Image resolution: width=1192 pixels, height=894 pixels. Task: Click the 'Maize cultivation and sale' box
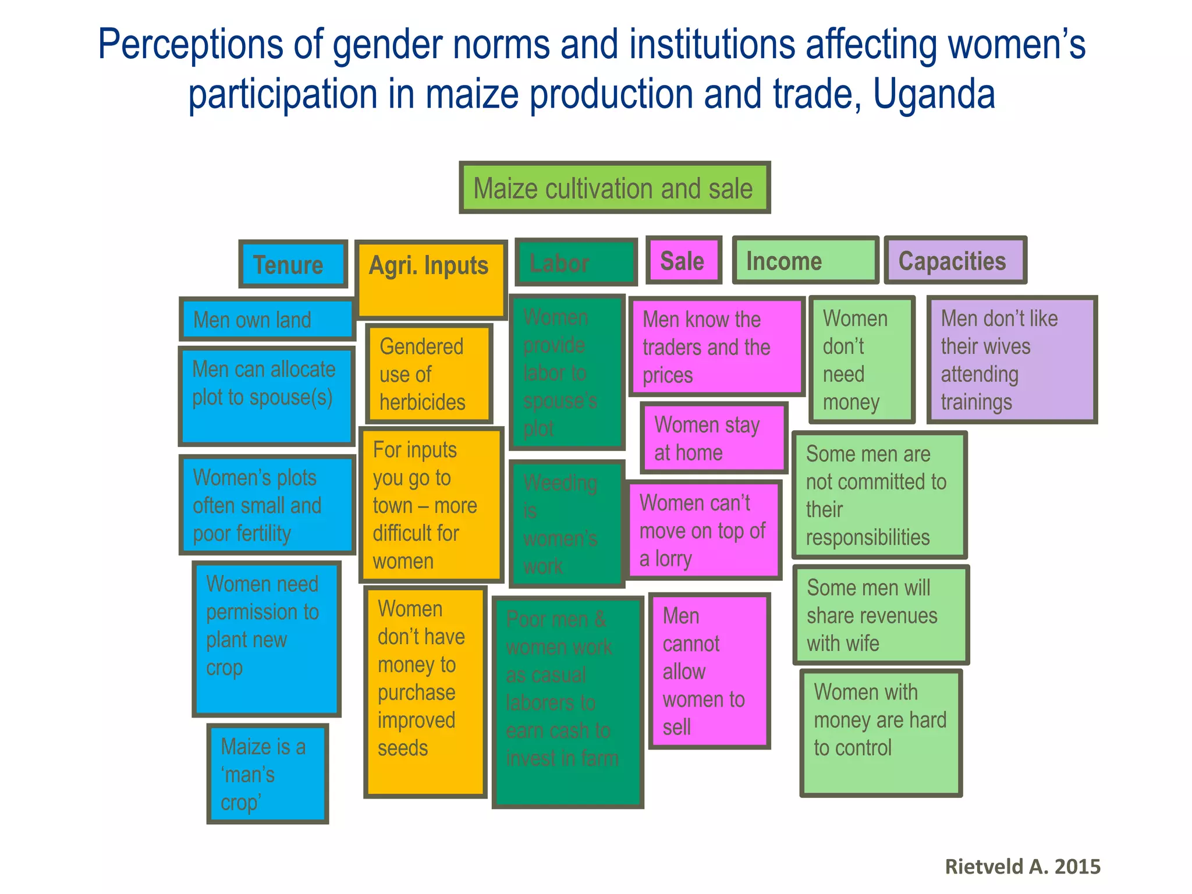[614, 187]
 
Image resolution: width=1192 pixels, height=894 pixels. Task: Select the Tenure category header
[293, 264]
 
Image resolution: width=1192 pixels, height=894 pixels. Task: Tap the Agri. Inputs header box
[430, 279]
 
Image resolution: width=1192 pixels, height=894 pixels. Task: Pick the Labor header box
[575, 262]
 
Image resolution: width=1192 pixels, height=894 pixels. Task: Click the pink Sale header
[683, 260]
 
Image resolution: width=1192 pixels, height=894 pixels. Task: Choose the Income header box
[804, 260]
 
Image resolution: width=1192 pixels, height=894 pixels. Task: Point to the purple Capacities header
[955, 260]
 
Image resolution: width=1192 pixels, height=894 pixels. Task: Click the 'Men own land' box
[267, 319]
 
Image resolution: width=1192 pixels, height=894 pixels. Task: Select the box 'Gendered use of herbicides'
[429, 374]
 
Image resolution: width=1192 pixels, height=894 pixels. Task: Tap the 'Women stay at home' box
[714, 438]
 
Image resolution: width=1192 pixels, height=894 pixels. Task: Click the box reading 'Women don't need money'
[861, 359]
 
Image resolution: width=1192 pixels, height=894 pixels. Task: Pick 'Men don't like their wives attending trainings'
[1012, 359]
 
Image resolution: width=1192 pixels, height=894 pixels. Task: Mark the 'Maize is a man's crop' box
[267, 774]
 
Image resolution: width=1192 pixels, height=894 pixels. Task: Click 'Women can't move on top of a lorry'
[704, 530]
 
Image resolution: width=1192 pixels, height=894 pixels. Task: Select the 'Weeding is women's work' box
[566, 524]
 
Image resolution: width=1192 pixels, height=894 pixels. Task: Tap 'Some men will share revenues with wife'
[880, 615]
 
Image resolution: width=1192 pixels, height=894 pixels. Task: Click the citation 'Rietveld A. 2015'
[1022, 866]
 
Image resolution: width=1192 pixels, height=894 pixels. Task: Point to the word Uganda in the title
[934, 94]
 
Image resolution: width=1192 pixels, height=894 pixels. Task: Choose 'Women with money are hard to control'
[880, 732]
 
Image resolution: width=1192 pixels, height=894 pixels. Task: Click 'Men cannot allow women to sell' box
[709, 670]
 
